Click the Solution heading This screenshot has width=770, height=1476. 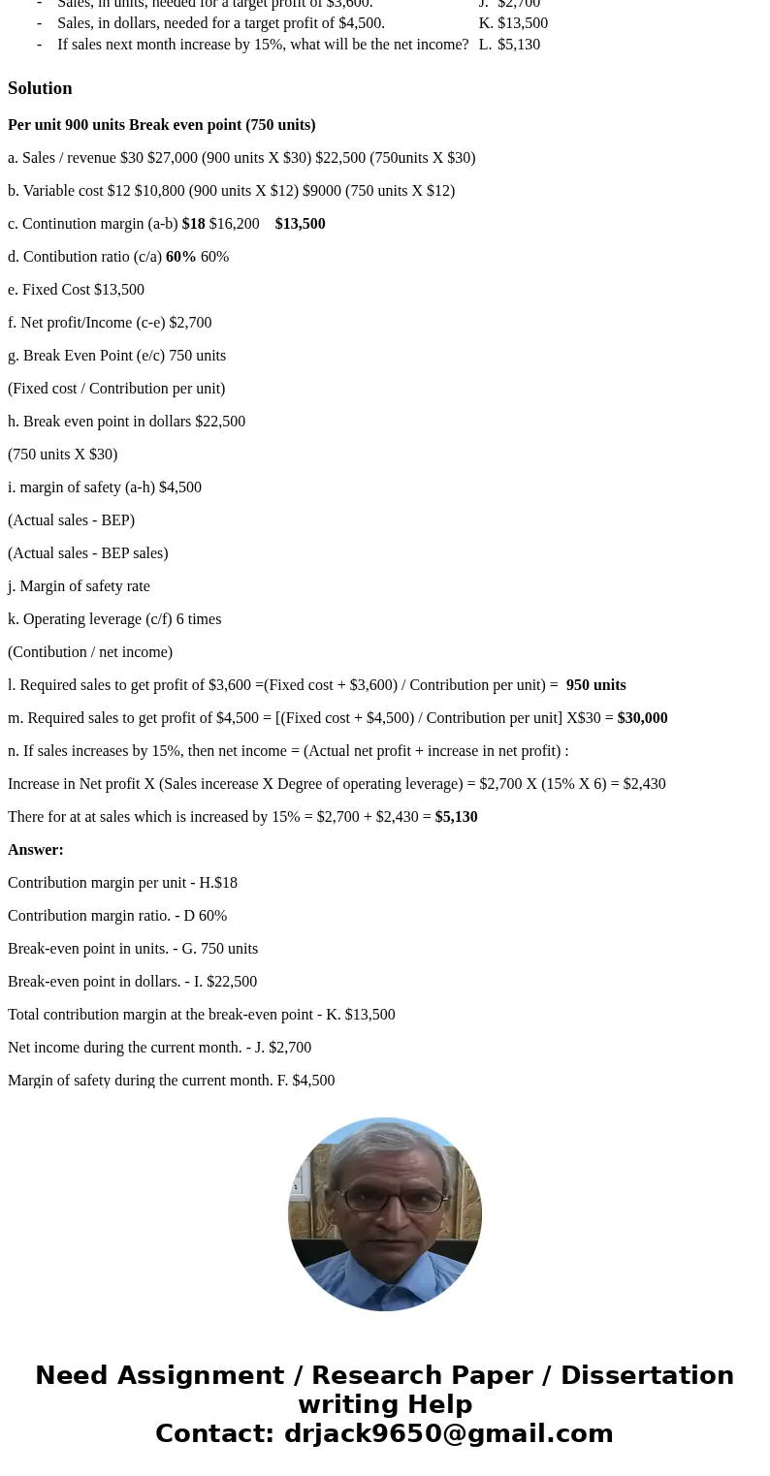[x=40, y=88]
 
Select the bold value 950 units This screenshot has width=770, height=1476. [x=595, y=685]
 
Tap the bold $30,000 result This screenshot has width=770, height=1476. [x=642, y=718]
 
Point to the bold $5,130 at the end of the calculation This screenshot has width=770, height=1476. [x=456, y=817]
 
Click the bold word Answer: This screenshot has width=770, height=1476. [x=36, y=850]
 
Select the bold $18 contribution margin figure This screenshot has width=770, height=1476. [x=193, y=224]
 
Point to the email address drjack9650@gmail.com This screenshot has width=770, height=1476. [x=448, y=1433]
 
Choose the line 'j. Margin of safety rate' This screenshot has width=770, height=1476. [x=79, y=586]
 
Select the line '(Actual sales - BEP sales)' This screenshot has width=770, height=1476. [x=87, y=553]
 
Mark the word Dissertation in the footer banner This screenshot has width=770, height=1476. [x=647, y=1375]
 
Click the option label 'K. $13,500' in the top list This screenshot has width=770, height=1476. [x=513, y=23]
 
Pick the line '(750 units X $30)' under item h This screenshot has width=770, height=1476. [x=62, y=455]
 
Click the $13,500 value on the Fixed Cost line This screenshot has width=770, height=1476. [x=118, y=290]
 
